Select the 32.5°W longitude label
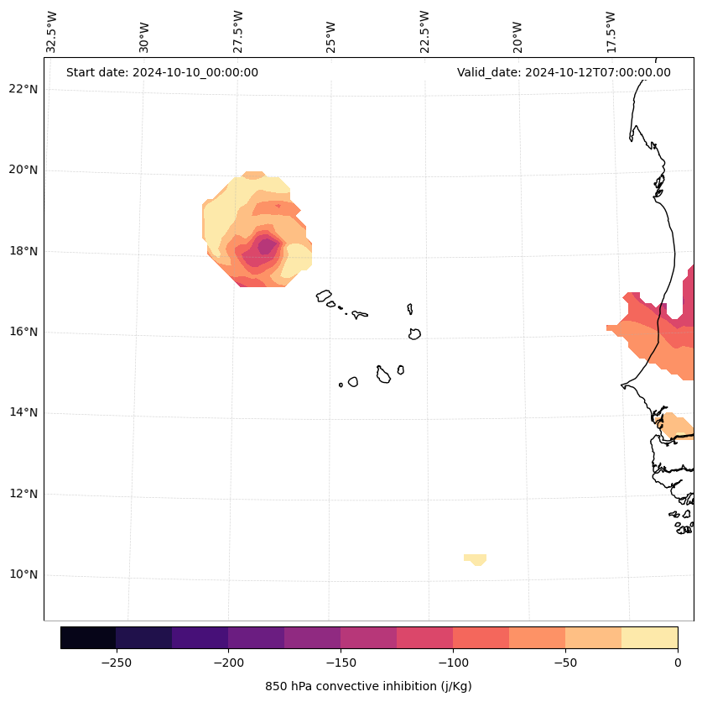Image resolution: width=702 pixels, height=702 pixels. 52,32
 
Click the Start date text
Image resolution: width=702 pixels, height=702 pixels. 162,72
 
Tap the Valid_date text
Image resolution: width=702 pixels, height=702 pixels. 564,72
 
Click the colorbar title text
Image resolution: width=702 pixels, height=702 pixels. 368,686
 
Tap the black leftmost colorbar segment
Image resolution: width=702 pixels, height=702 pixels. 88,637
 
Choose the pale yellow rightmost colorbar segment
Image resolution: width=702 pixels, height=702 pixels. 649,637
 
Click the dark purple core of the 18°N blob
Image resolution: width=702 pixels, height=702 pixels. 267,246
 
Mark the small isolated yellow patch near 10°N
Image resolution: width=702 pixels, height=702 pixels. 476,558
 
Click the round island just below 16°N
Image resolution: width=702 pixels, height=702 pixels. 414,334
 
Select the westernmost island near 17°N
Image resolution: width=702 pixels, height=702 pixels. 324,296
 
